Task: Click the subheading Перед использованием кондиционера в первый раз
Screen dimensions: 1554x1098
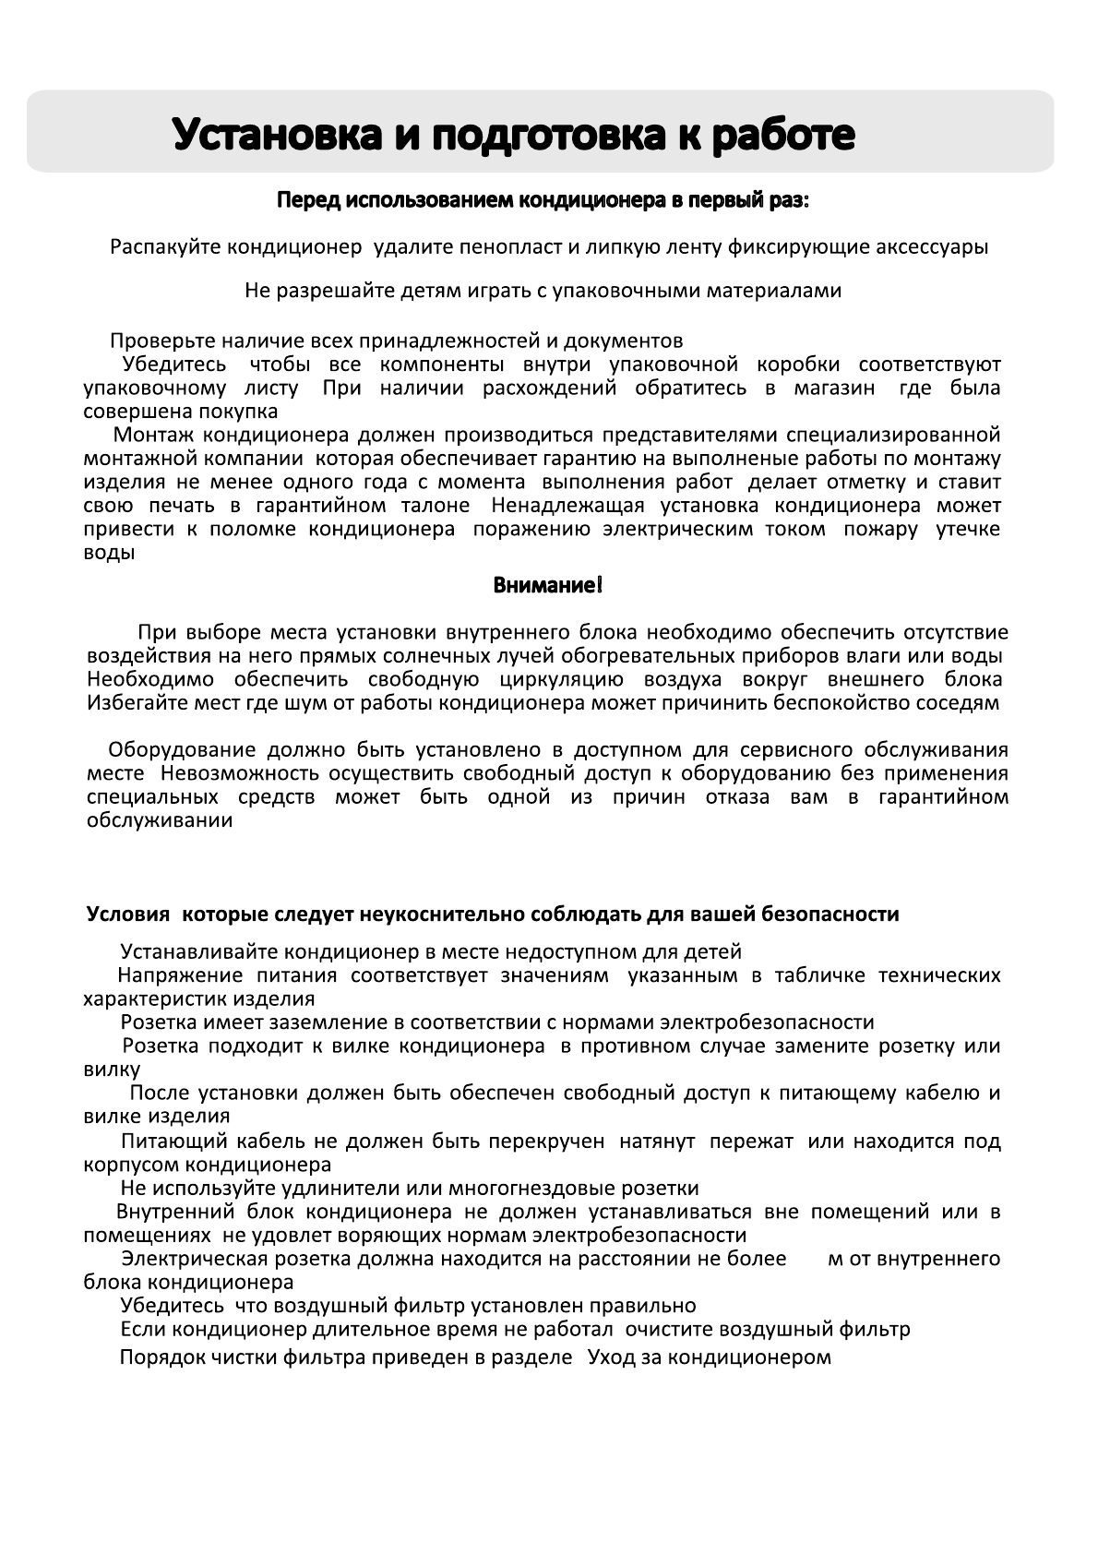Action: (543, 200)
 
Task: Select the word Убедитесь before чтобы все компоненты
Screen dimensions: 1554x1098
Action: (174, 365)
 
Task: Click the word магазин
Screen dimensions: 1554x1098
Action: (834, 388)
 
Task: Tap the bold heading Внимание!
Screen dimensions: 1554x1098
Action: (548, 585)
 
